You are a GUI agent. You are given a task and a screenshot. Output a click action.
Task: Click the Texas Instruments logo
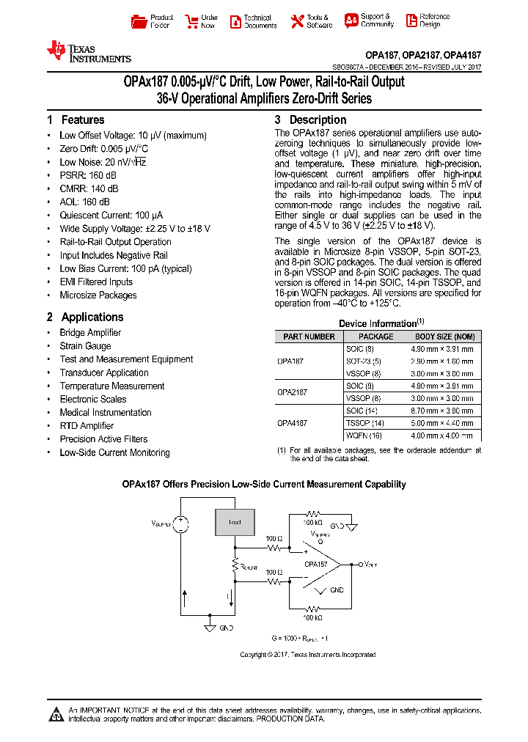pyautogui.click(x=88, y=52)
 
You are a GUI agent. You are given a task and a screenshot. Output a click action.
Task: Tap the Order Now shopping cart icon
pyautogui.click(x=191, y=21)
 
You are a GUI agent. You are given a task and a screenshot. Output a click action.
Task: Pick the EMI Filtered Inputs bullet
pyautogui.click(x=96, y=282)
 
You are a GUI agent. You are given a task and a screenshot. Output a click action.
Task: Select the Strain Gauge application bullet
pyautogui.click(x=85, y=346)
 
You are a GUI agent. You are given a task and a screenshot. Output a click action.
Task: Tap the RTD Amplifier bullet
pyautogui.click(x=87, y=426)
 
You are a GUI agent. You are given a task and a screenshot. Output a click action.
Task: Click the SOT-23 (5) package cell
pyautogui.click(x=364, y=361)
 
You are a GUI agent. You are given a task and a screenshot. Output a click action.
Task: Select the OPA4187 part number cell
pyautogui.click(x=292, y=423)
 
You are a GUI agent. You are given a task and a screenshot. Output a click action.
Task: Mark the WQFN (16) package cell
pyautogui.click(x=364, y=436)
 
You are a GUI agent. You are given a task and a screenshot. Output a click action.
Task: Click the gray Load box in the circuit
pyautogui.click(x=235, y=522)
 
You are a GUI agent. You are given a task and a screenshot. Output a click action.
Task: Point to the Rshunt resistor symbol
pyautogui.click(x=235, y=565)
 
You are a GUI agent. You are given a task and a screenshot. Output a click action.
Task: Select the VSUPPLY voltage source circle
pyautogui.click(x=180, y=524)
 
